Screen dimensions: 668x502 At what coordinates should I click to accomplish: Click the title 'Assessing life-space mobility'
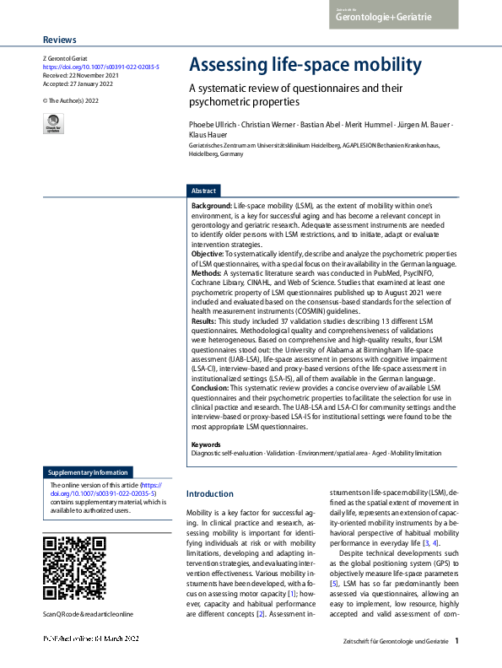[x=305, y=65]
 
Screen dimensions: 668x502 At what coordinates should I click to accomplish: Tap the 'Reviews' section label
[x=59, y=40]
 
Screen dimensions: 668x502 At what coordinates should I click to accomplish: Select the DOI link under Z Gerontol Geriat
[x=100, y=66]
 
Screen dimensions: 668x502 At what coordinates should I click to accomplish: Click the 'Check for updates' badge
[x=52, y=124]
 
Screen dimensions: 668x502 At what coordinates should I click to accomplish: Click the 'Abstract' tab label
[x=204, y=191]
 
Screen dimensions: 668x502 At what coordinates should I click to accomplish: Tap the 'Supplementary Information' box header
[x=89, y=472]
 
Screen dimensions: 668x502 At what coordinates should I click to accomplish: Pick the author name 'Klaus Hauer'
[x=208, y=135]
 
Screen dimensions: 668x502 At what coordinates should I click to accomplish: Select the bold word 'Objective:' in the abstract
[x=208, y=252]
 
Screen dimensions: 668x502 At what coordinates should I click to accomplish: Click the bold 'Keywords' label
[x=207, y=444]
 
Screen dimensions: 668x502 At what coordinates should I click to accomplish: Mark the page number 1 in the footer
[x=456, y=642]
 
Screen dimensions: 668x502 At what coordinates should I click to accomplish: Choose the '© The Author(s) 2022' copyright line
[x=71, y=100]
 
